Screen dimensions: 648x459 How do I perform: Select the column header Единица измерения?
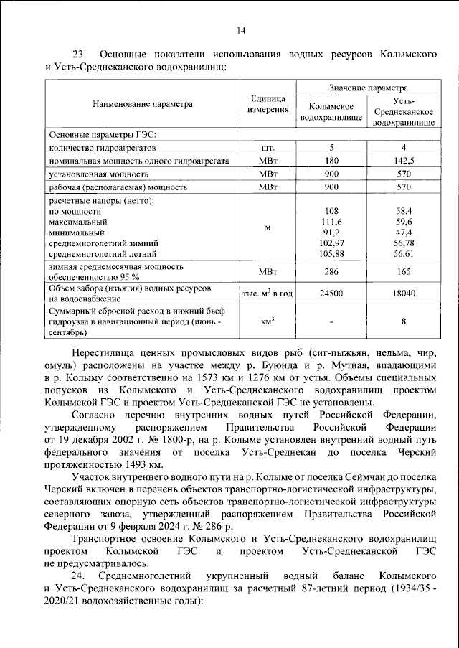[268, 104]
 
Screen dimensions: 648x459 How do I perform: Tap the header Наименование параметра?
[143, 104]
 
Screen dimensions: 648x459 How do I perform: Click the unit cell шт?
[268, 147]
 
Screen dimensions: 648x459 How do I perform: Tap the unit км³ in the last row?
[268, 321]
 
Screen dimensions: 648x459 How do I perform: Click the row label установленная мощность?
[98, 174]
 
